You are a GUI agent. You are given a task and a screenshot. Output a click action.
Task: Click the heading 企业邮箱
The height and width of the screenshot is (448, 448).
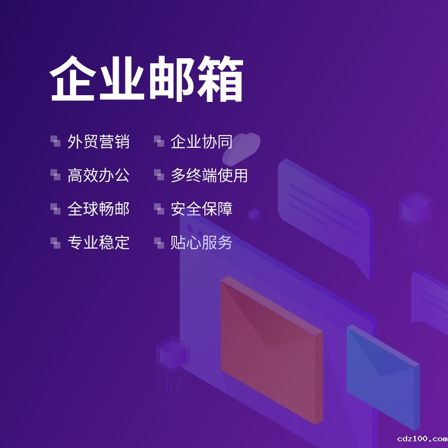147,80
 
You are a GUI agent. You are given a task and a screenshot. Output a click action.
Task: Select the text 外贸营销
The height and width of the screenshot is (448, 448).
99,142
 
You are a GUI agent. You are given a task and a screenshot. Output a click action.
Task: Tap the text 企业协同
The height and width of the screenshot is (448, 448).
202,142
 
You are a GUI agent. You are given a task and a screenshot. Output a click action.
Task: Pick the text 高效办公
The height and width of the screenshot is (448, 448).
99,175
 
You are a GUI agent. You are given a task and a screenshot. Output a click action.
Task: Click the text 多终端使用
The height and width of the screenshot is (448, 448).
209,175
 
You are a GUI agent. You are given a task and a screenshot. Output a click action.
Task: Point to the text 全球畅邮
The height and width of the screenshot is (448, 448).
99,209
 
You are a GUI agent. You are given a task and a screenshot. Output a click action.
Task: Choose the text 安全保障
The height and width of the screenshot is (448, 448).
202,209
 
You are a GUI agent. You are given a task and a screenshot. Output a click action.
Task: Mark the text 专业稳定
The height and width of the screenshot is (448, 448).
99,242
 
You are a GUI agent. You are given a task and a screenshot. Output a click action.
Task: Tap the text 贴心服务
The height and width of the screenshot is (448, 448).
202,242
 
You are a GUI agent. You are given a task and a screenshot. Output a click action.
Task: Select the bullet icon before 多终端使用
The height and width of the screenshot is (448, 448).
158,175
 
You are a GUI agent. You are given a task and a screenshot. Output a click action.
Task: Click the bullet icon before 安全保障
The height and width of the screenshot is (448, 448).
158,208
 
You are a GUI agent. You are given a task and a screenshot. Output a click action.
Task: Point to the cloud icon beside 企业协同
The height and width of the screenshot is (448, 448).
246,146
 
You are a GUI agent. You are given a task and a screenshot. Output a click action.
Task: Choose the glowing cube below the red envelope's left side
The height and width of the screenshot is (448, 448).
172,354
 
